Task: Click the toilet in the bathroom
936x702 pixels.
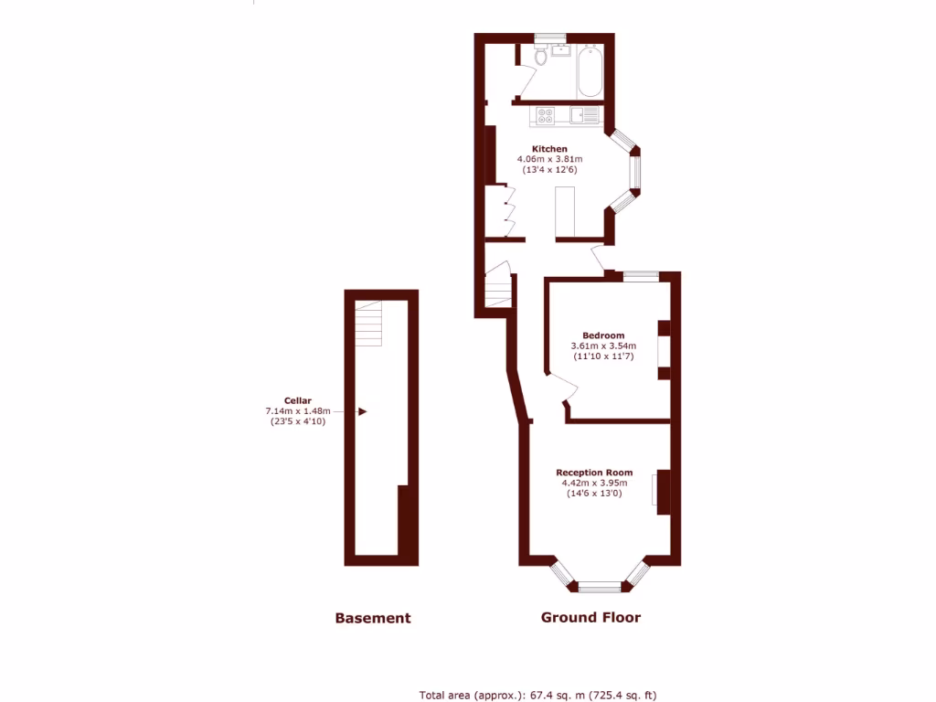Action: (541, 57)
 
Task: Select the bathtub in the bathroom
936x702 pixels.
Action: (590, 70)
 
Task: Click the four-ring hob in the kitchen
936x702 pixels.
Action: (546, 116)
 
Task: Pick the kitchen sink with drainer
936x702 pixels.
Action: (584, 115)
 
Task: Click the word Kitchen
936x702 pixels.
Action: (549, 149)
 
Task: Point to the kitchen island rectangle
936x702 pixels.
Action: (564, 211)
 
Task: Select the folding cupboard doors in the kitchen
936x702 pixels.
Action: (510, 211)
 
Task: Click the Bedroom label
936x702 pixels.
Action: (603, 335)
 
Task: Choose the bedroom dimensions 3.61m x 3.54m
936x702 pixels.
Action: (603, 346)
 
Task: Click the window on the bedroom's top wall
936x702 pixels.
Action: (641, 273)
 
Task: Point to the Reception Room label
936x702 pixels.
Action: (594, 473)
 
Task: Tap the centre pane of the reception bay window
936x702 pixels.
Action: (599, 587)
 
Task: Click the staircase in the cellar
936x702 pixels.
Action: (368, 323)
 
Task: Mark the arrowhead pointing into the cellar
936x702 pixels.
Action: (362, 412)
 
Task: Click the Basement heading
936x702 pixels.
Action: (373, 618)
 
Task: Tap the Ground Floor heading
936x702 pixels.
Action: (590, 617)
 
